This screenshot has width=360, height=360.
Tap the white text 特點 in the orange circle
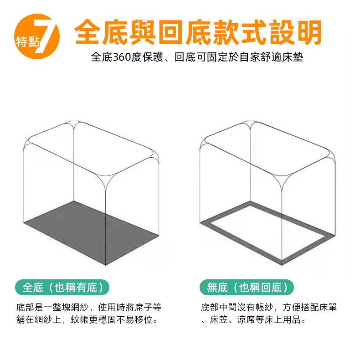tap(28, 42)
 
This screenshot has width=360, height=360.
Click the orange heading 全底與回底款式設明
tap(198, 32)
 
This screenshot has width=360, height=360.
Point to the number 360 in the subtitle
tap(122, 57)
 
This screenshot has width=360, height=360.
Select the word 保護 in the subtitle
tap(153, 57)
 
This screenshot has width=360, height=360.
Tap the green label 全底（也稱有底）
tap(62, 288)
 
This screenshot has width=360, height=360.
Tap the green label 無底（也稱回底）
tap(247, 288)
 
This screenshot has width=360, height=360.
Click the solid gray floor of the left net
tap(92, 232)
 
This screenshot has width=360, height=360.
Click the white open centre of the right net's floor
tap(267, 232)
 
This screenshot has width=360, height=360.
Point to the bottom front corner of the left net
tap(106, 265)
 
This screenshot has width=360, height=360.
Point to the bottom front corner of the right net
tap(282, 265)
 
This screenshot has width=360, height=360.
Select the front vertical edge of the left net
tap(106, 226)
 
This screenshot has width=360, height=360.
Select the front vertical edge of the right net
tap(282, 226)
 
